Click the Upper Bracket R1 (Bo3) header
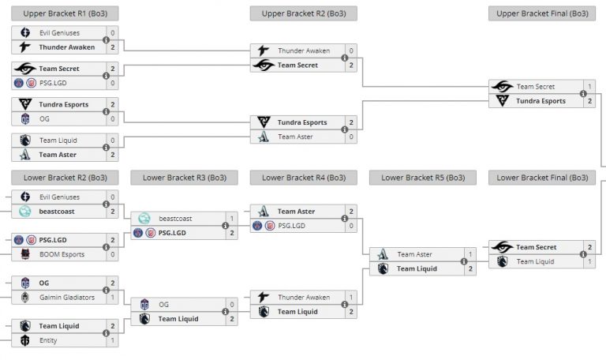pos(65,13)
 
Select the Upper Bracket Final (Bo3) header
pos(541,13)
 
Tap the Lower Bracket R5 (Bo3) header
pos(422,178)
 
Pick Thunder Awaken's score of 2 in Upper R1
pos(112,47)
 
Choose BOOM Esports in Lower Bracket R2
pos(62,254)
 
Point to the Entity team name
pos(49,340)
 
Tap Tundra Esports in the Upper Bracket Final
pos(540,101)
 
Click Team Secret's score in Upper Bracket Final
pos(589,87)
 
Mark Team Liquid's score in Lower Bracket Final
pos(589,261)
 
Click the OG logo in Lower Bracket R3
pos(144,304)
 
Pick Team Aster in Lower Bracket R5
pos(414,254)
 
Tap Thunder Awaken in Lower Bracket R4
pos(303,298)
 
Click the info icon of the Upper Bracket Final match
pos(583,94)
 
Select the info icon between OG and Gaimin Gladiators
pos(106,290)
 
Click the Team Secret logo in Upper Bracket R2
pos(264,66)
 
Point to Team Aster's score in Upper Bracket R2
pos(350,137)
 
